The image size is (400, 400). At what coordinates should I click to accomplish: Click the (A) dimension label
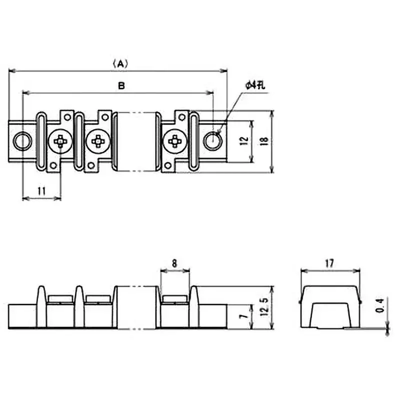tap(120, 63)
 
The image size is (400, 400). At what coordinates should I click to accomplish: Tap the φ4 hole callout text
tap(254, 85)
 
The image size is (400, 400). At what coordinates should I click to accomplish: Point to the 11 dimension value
tap(42, 190)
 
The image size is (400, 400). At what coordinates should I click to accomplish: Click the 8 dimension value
tap(174, 262)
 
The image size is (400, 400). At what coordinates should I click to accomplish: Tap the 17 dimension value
tap(329, 262)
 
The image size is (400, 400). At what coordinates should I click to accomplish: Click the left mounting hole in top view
tap(21, 141)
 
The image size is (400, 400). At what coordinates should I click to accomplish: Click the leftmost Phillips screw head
tap(60, 141)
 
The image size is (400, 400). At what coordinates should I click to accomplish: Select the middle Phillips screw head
tap(97, 141)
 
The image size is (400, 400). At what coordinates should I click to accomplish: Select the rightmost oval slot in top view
tap(194, 141)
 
